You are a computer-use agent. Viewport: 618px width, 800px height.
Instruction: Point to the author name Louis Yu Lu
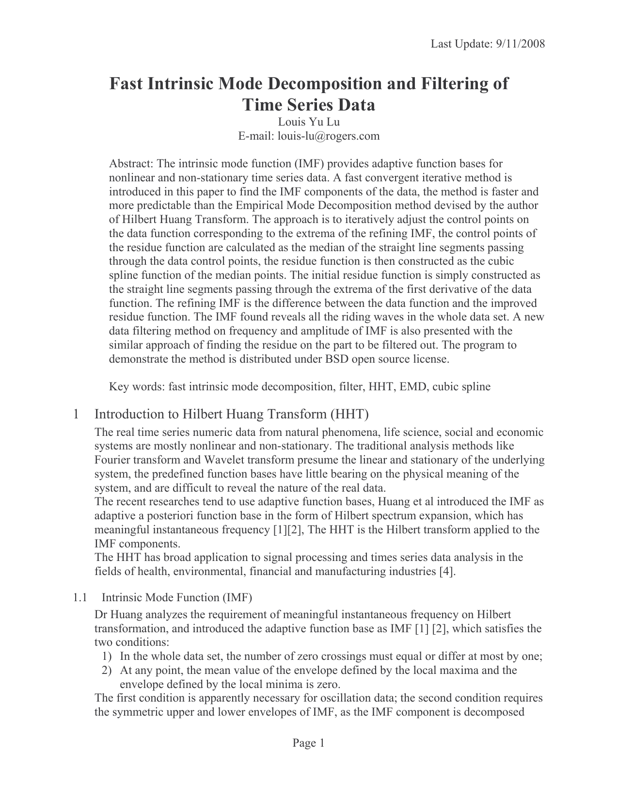click(309, 122)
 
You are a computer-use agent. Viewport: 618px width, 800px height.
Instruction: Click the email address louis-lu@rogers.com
click(328, 136)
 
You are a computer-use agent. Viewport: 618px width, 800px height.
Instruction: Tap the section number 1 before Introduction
click(76, 415)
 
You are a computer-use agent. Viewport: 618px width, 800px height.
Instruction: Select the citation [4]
click(446, 571)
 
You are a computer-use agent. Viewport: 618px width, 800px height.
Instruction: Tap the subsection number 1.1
click(79, 597)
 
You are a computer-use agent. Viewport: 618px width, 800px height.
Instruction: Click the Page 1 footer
click(308, 743)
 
